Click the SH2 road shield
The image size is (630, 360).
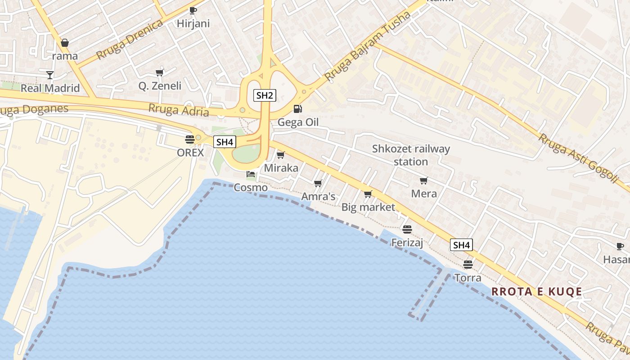(x=265, y=95)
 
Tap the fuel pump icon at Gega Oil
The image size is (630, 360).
(x=297, y=108)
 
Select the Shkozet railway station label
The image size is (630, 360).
(x=411, y=155)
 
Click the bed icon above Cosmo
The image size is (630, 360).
(x=251, y=174)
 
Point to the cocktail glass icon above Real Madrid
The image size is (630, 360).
(x=49, y=74)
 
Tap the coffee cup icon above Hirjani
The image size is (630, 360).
(x=193, y=10)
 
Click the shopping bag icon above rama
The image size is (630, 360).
(x=65, y=43)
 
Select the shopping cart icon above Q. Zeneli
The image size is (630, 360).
(x=159, y=72)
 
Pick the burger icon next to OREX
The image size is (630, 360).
(x=190, y=139)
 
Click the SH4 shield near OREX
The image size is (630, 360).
(x=225, y=142)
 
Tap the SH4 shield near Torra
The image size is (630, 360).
(x=462, y=245)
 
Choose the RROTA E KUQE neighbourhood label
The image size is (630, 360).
(x=536, y=292)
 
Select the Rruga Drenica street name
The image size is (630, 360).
(x=130, y=39)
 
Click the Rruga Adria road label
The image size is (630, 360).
(x=179, y=109)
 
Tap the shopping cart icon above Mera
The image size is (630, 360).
(x=423, y=180)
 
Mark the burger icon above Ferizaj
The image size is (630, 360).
(x=407, y=229)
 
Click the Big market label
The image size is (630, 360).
(x=368, y=207)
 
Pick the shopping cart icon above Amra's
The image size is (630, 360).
(x=318, y=183)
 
